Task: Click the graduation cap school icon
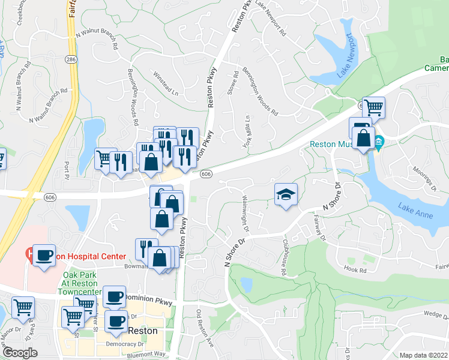point(286,194)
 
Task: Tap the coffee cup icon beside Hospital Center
point(44,255)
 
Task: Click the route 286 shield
point(71,59)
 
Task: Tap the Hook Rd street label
point(355,270)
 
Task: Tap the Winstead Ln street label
point(167,85)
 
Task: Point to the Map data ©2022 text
point(423,355)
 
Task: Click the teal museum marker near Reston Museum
point(379,143)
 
